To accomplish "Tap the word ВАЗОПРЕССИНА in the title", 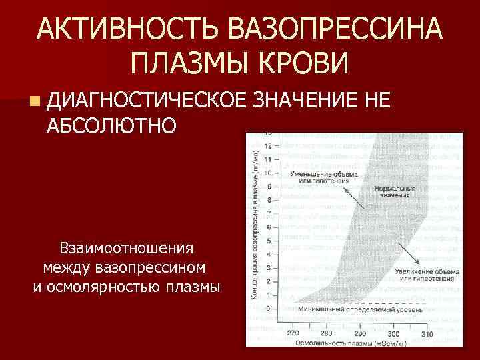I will click(333, 29).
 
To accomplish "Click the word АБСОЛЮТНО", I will click(112, 125).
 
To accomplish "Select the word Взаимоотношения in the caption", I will click(127, 249).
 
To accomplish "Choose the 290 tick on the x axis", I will click(360, 333).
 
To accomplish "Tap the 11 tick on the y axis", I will click(267, 159).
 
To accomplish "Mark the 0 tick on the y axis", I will click(268, 309).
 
